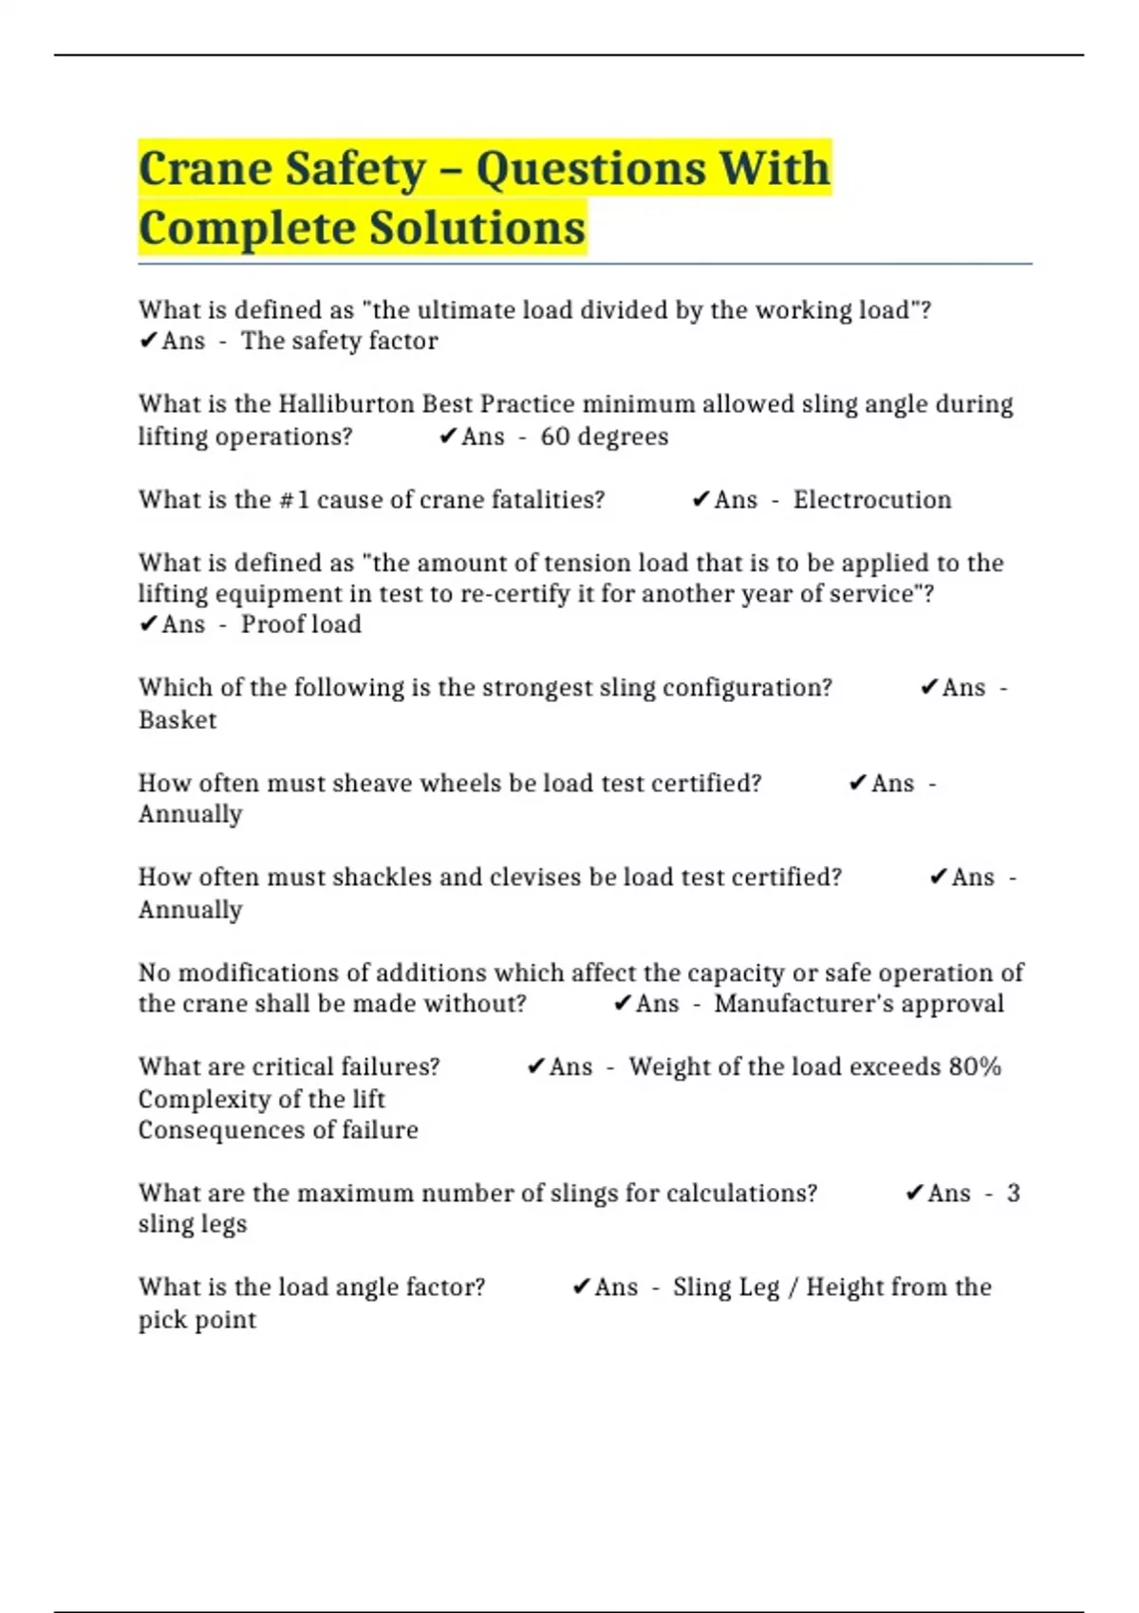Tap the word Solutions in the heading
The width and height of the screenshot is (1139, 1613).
coord(476,229)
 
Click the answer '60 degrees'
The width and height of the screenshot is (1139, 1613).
coord(604,436)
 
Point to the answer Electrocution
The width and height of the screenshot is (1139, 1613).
coord(871,500)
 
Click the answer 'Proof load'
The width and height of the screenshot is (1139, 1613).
coord(301,624)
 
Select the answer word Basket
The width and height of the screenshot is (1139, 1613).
coord(177,720)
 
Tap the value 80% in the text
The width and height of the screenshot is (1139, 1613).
coord(975,1066)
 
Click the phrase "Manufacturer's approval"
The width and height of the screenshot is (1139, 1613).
coord(858,1004)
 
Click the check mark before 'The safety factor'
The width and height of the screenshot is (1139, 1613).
coord(148,341)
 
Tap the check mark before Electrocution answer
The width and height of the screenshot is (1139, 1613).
coord(700,500)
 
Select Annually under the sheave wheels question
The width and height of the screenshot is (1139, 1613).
coord(190,814)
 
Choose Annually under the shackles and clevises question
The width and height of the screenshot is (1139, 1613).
coord(190,910)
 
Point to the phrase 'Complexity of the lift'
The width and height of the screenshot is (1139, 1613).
coord(261,1099)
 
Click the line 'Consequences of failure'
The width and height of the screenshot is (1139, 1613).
coord(278,1130)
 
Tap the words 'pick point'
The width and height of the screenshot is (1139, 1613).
coord(197,1320)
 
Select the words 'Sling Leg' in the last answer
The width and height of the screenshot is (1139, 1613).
coord(726,1288)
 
